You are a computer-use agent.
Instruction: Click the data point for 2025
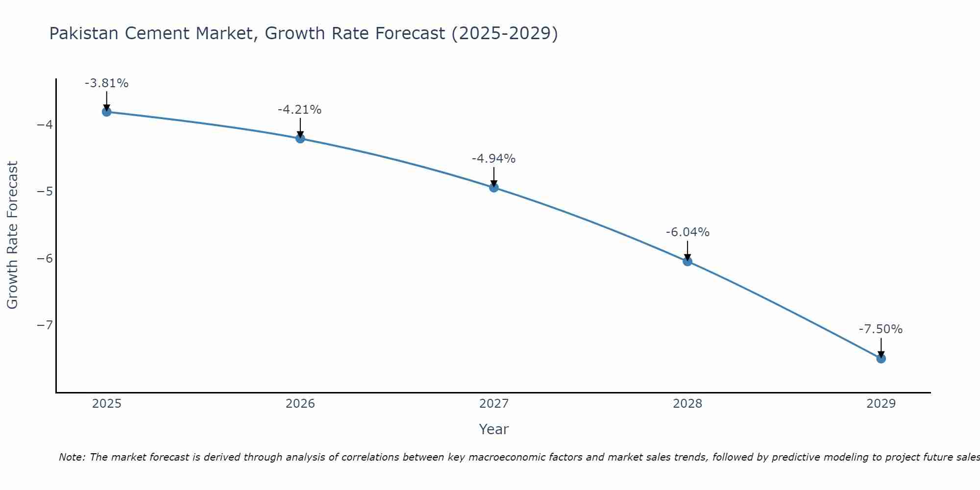pyautogui.click(x=106, y=112)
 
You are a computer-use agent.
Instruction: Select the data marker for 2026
pyautogui.click(x=300, y=139)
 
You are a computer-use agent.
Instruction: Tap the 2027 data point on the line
pyautogui.click(x=494, y=188)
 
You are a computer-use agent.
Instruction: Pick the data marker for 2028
pyautogui.click(x=687, y=261)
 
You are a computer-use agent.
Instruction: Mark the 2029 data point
pyautogui.click(x=881, y=359)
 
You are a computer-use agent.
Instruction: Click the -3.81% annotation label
pyautogui.click(x=106, y=83)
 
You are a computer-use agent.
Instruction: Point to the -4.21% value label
pyautogui.click(x=299, y=110)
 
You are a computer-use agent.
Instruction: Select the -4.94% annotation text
pyautogui.click(x=493, y=159)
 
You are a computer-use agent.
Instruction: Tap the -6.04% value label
pyautogui.click(x=687, y=232)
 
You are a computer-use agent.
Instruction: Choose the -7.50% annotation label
pyautogui.click(x=881, y=329)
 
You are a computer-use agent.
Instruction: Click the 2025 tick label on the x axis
pyautogui.click(x=107, y=404)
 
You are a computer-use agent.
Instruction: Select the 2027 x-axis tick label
pyautogui.click(x=494, y=404)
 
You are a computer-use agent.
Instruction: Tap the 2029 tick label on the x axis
pyautogui.click(x=881, y=404)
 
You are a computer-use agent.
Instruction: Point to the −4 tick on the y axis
pyautogui.click(x=45, y=124)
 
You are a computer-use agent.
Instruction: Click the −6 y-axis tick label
pyautogui.click(x=45, y=258)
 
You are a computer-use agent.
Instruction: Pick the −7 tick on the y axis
pyautogui.click(x=45, y=325)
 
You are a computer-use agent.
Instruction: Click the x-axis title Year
pyautogui.click(x=494, y=429)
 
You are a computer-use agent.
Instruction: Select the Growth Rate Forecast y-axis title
pyautogui.click(x=12, y=235)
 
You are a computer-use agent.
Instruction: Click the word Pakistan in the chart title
pyautogui.click(x=84, y=33)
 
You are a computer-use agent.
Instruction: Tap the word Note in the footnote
pyautogui.click(x=72, y=457)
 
